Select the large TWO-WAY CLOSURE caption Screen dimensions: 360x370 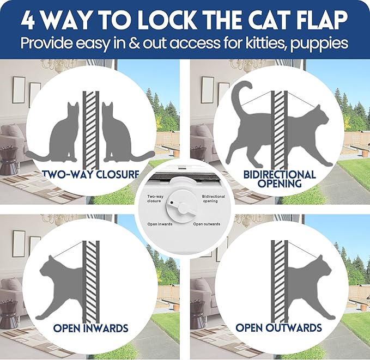(x=89, y=175)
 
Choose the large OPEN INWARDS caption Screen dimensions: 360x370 (x=90, y=328)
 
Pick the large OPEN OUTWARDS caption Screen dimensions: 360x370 (x=278, y=328)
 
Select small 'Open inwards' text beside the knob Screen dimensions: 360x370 (x=160, y=224)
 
